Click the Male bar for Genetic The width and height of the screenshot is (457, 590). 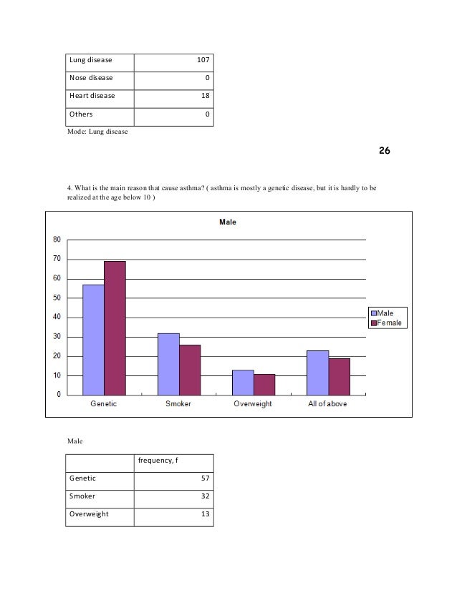pos(93,340)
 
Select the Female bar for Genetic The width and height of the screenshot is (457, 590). pos(115,328)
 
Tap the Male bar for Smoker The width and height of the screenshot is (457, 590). pos(168,364)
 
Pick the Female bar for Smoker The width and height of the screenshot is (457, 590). pos(190,370)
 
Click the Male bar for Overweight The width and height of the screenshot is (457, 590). pos(243,382)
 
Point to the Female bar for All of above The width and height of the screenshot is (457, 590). pos(340,376)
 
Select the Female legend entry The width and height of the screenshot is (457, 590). pos(388,323)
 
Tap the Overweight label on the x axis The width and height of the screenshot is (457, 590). pos(254,404)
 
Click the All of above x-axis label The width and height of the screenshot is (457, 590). pos(329,404)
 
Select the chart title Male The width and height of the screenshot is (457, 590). pos(228,222)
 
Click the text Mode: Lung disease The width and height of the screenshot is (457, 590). pos(97,131)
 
